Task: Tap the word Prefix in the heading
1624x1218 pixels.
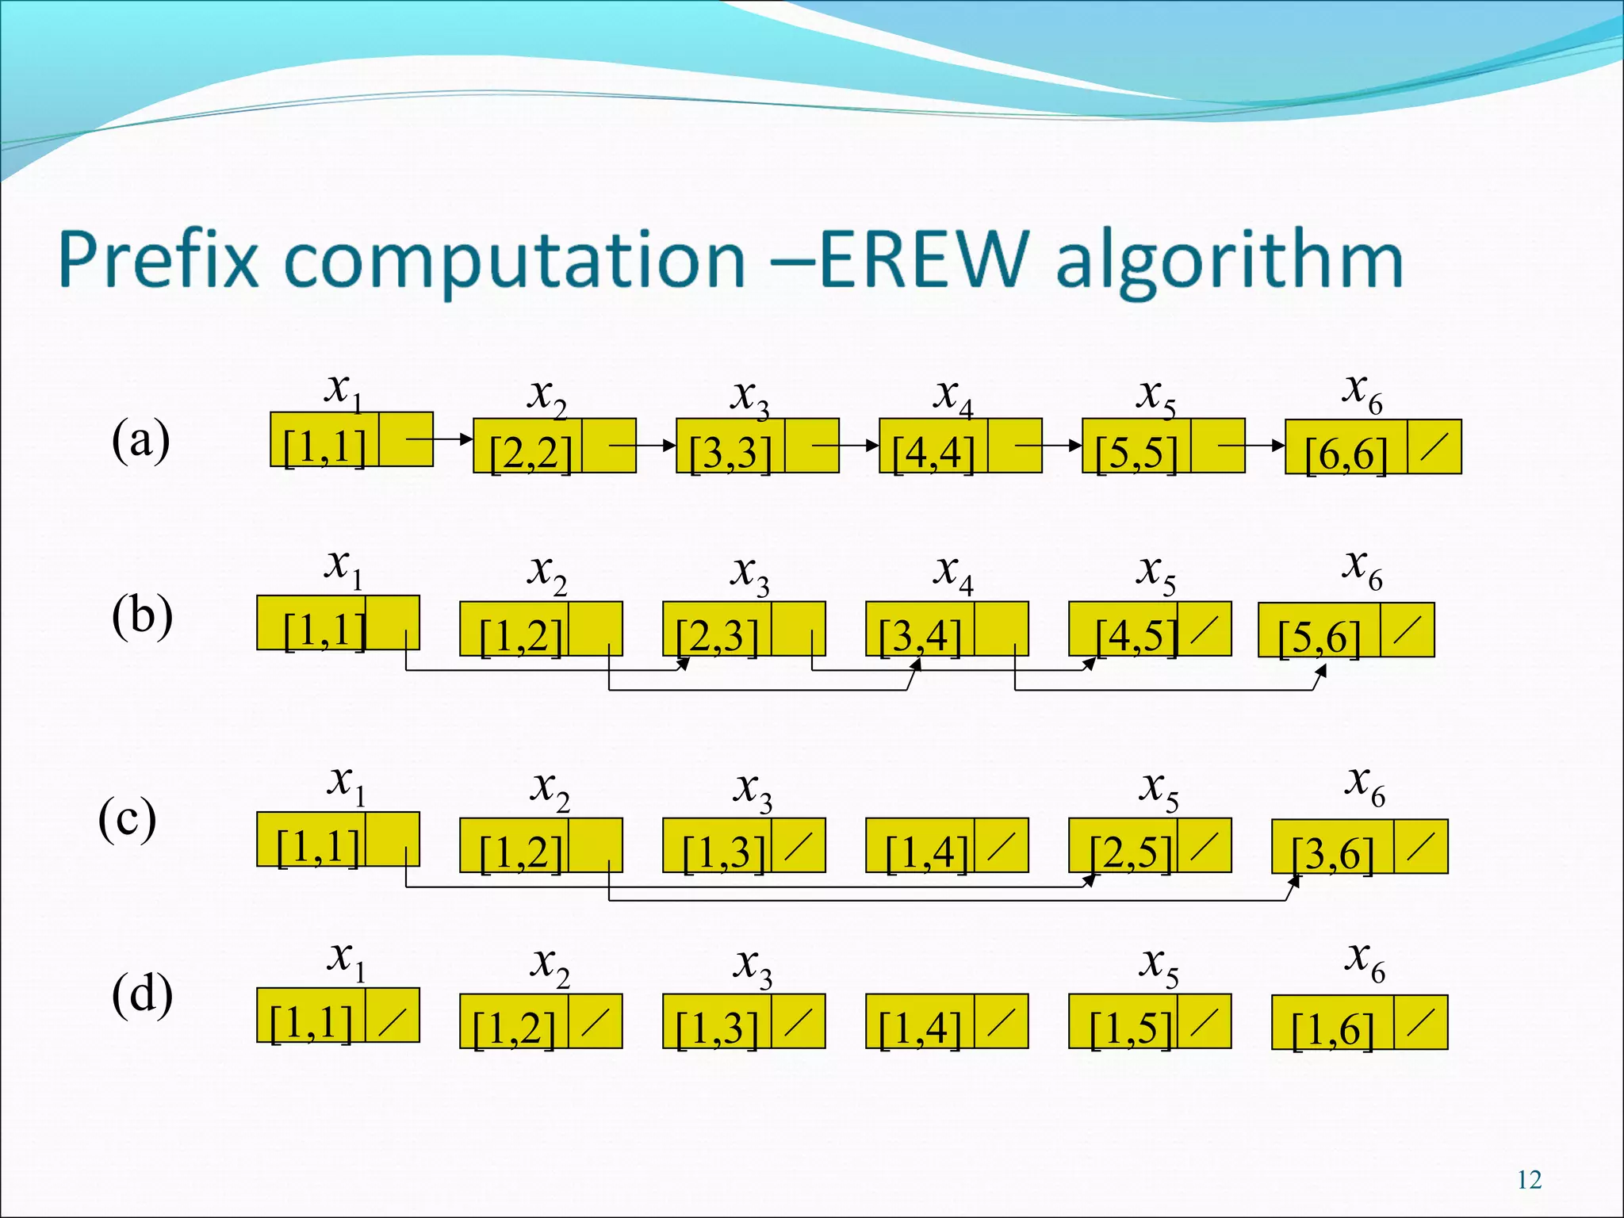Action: point(159,259)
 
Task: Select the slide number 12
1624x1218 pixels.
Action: point(1529,1180)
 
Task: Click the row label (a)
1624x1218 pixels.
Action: point(140,440)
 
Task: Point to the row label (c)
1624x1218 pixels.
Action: point(127,819)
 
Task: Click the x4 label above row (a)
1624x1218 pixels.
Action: point(952,396)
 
